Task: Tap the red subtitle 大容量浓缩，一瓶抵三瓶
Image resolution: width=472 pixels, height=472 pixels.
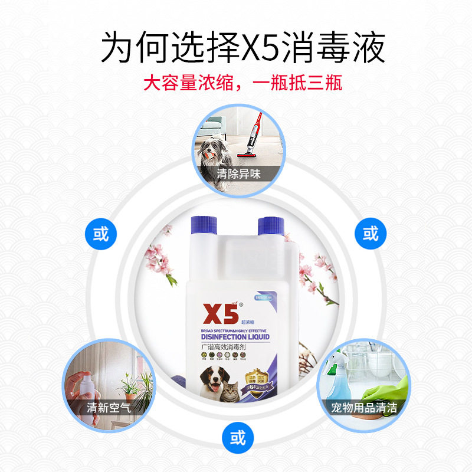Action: pos(242,81)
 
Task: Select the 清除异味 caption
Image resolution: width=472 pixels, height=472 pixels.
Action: pos(238,174)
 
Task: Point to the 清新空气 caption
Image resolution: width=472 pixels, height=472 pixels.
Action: pos(109,407)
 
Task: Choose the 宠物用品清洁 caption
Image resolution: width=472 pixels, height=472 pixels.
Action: pos(364,407)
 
